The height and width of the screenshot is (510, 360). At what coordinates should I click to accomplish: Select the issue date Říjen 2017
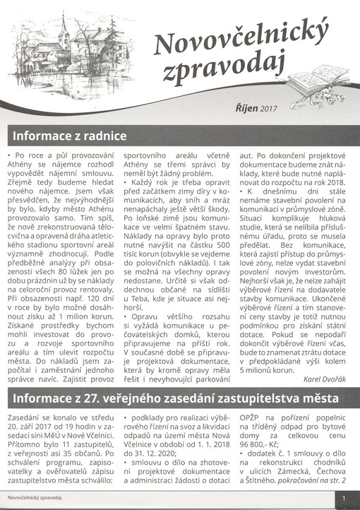pos(257,109)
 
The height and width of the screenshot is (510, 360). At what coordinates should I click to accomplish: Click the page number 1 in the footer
pos(344,499)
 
